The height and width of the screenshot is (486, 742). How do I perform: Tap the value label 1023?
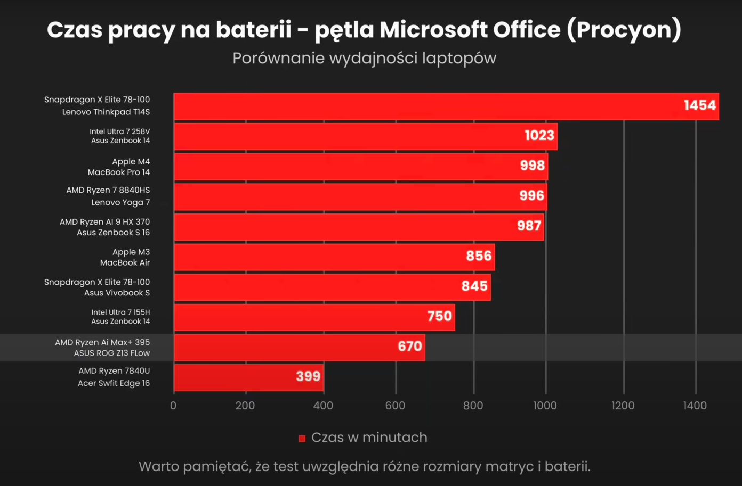tap(539, 135)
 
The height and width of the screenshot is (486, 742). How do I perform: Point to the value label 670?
tap(409, 347)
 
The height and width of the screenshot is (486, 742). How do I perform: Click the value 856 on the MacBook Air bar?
tap(478, 256)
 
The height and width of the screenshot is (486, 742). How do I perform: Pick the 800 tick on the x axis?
tap(473, 406)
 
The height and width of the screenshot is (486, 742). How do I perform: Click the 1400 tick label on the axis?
tap(695, 406)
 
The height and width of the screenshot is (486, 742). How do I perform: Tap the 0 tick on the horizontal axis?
tap(173, 406)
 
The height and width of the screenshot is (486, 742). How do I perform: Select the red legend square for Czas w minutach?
tap(302, 438)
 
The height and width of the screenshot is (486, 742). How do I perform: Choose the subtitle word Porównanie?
tap(278, 58)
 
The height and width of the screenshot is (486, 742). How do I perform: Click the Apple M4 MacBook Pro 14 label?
tap(119, 167)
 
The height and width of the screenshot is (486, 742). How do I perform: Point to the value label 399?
tap(308, 376)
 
